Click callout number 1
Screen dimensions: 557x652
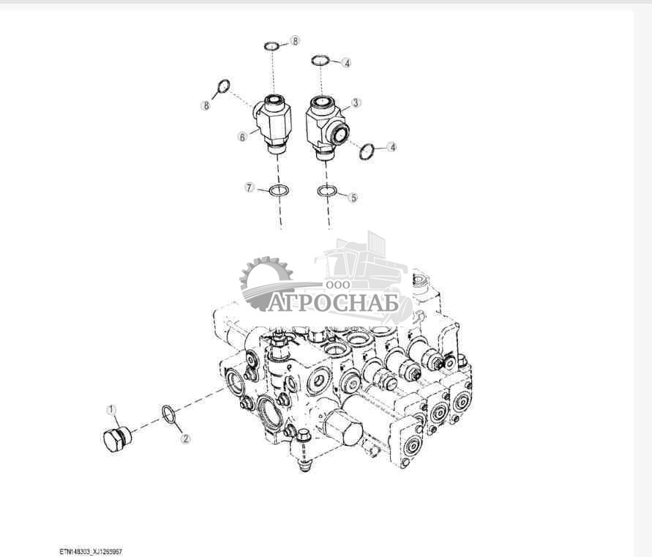coord(112,409)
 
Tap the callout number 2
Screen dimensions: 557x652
coord(185,439)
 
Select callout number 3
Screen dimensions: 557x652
coord(356,103)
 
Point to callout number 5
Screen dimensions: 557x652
coord(353,197)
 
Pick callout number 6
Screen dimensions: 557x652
coord(242,136)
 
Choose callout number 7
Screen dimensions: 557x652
coord(250,188)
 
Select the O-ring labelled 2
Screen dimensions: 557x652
coord(168,414)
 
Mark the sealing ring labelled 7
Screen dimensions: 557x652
coord(279,190)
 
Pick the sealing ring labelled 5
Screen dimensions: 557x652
coord(327,192)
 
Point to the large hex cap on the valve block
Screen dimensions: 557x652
coord(342,427)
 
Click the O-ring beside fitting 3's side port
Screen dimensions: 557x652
coord(367,151)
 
